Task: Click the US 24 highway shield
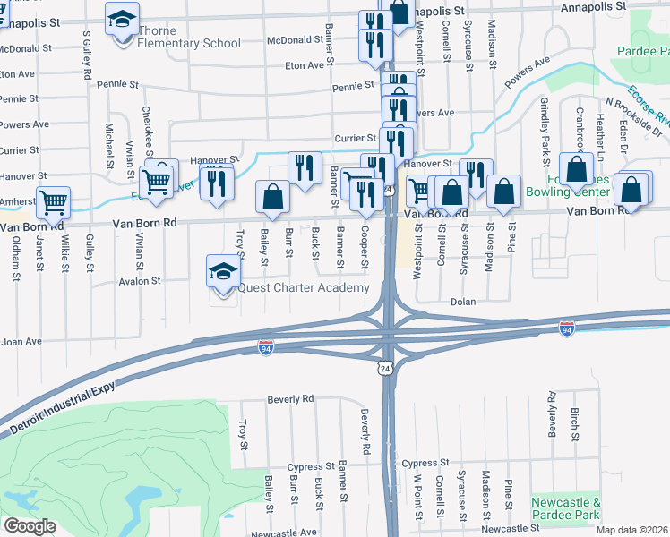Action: [385, 368]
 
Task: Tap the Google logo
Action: [30, 526]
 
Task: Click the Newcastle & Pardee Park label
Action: [565, 509]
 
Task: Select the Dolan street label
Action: [462, 303]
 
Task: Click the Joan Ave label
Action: [21, 341]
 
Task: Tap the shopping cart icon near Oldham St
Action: [54, 203]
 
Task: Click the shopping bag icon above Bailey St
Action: [272, 197]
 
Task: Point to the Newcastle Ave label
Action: [284, 532]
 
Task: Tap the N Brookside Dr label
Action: [633, 117]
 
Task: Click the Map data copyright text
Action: [632, 530]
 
